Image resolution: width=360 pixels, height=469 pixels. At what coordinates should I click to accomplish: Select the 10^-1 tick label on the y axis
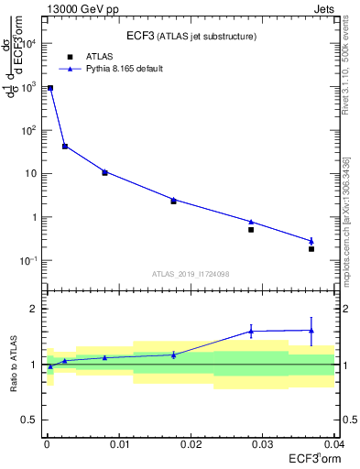[29, 261]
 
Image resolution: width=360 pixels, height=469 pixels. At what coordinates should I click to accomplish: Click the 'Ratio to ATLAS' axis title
[12, 364]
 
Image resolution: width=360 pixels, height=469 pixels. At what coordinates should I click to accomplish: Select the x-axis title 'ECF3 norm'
[314, 459]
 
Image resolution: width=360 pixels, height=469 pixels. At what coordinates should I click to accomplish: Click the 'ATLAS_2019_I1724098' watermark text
[190, 274]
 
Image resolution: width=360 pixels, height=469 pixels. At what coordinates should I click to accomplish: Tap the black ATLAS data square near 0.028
[251, 229]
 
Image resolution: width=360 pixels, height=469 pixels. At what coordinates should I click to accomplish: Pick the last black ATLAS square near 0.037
[311, 249]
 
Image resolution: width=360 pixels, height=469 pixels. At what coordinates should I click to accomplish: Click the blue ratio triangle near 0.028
[251, 331]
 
